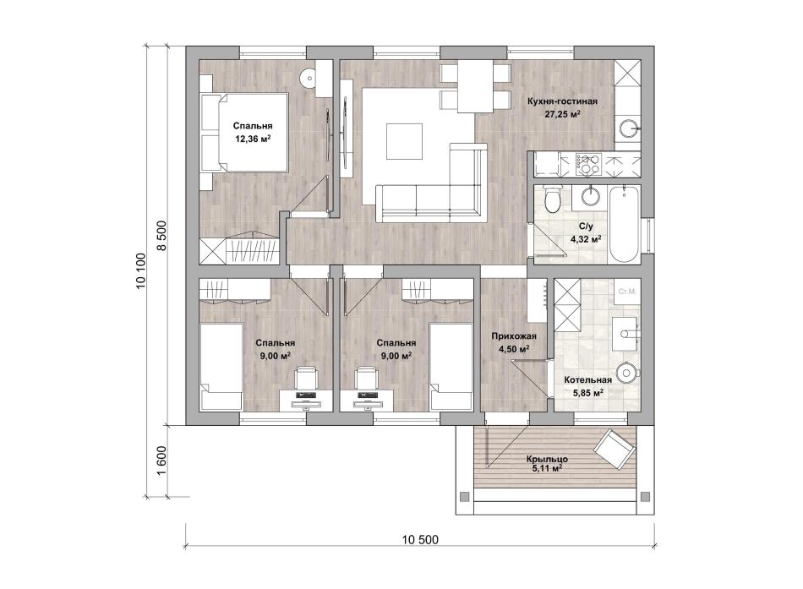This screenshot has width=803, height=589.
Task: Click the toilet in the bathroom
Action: [x=553, y=199]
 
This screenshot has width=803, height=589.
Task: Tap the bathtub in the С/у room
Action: [x=625, y=224]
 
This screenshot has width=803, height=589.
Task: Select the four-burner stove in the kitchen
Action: [x=588, y=165]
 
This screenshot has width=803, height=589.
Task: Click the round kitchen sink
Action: [x=628, y=128]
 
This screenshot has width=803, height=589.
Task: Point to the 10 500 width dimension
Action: [x=420, y=540]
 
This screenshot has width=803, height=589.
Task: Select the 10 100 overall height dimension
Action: [x=141, y=270]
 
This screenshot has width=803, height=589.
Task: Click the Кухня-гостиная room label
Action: [x=562, y=101]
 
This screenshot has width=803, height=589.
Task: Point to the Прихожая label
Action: [x=514, y=336]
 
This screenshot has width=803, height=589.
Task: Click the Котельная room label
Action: [x=588, y=380]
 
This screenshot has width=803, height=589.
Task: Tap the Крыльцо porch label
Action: [x=547, y=459]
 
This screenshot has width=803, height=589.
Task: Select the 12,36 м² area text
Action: [x=253, y=139]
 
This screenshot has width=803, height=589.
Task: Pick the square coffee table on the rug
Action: [x=405, y=142]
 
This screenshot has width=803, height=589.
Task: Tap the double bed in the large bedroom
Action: [x=243, y=132]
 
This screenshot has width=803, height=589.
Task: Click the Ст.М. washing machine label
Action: [x=627, y=292]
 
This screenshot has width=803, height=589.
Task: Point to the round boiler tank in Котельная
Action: [x=627, y=373]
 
